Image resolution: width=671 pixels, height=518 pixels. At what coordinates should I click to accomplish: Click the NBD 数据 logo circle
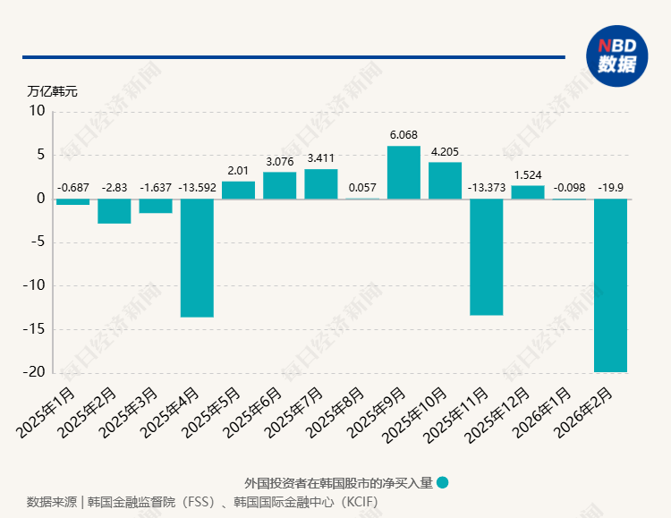point(616,55)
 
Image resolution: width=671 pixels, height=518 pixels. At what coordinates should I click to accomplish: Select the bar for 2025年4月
point(197,258)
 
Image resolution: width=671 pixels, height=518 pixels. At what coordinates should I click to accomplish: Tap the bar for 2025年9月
point(403,173)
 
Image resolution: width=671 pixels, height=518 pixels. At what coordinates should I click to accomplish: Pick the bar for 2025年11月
point(487,257)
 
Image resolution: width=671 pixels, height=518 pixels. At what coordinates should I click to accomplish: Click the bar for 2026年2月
point(610,284)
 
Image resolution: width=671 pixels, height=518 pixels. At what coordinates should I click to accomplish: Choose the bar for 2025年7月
point(321,183)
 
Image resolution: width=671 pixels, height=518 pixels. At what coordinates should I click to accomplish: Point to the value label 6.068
point(403,135)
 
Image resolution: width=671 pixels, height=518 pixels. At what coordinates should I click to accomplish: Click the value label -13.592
point(197,188)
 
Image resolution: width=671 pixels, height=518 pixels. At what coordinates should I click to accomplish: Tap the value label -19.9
point(610,188)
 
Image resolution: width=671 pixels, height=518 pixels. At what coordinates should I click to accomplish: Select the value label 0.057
point(362,188)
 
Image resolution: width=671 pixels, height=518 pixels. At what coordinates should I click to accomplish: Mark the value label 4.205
point(445,151)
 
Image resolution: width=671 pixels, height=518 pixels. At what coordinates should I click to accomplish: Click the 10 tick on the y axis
point(38,112)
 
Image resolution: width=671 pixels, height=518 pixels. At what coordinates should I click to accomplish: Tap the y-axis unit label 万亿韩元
point(52,91)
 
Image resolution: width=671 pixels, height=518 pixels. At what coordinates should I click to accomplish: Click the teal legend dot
point(443,482)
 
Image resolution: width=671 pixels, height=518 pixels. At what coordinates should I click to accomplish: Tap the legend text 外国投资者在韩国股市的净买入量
point(338,482)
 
